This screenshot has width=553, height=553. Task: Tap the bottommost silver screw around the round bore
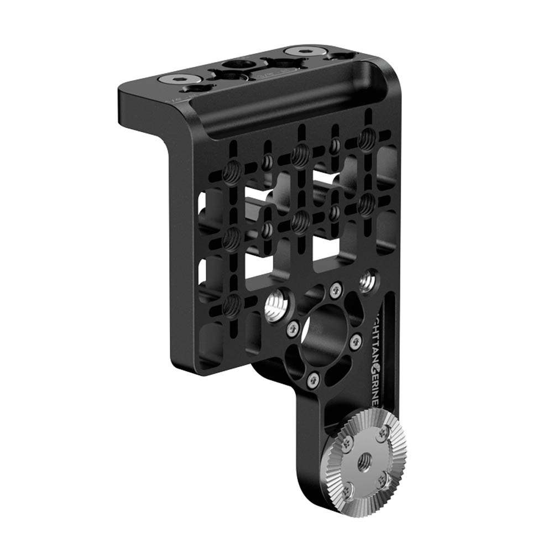point(314,379)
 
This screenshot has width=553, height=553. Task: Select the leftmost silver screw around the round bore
point(293,329)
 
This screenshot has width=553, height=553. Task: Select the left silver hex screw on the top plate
point(180,80)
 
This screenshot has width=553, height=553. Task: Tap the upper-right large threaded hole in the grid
point(365,140)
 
